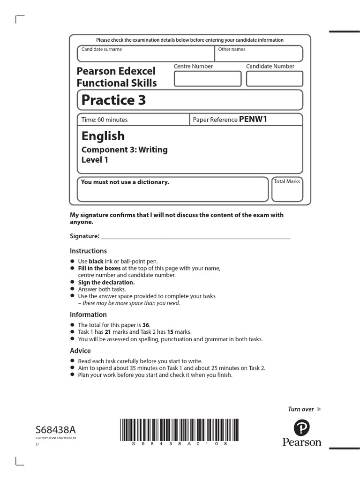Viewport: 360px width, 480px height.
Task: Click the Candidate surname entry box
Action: click(146, 54)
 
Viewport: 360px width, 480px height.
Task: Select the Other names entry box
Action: click(258, 54)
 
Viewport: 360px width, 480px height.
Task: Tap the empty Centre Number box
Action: click(207, 79)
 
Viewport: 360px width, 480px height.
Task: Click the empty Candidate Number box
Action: click(274, 79)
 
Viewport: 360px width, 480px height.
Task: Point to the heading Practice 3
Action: click(113, 100)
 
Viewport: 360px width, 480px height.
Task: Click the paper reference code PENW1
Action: click(253, 119)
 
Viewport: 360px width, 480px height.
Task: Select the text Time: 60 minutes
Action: click(105, 120)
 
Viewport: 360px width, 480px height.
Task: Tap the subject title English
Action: click(103, 136)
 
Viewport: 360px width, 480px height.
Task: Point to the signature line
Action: click(195, 238)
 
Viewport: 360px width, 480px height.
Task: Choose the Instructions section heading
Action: click(88, 251)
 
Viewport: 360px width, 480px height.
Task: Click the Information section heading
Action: click(88, 315)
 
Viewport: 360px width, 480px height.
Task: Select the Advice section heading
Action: click(80, 351)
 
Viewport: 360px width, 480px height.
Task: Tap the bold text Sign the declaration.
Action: click(106, 282)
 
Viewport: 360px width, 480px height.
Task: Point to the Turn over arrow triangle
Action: click(320, 409)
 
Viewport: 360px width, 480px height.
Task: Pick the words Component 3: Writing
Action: click(124, 150)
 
